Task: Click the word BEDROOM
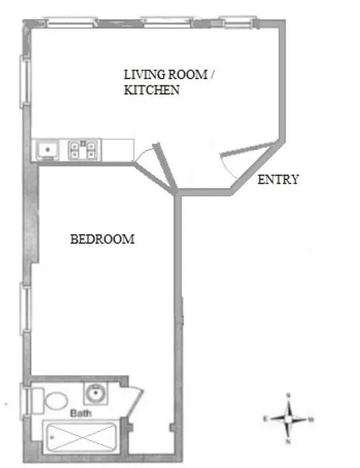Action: (x=102, y=239)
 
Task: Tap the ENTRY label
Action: (x=278, y=180)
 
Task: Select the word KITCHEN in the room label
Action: (x=152, y=91)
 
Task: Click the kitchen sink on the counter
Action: (x=46, y=150)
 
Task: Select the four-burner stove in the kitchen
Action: (x=84, y=150)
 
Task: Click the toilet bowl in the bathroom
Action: (x=56, y=401)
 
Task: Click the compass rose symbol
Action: (x=288, y=419)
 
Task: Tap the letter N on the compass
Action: (x=288, y=442)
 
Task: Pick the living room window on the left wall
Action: (x=25, y=81)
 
